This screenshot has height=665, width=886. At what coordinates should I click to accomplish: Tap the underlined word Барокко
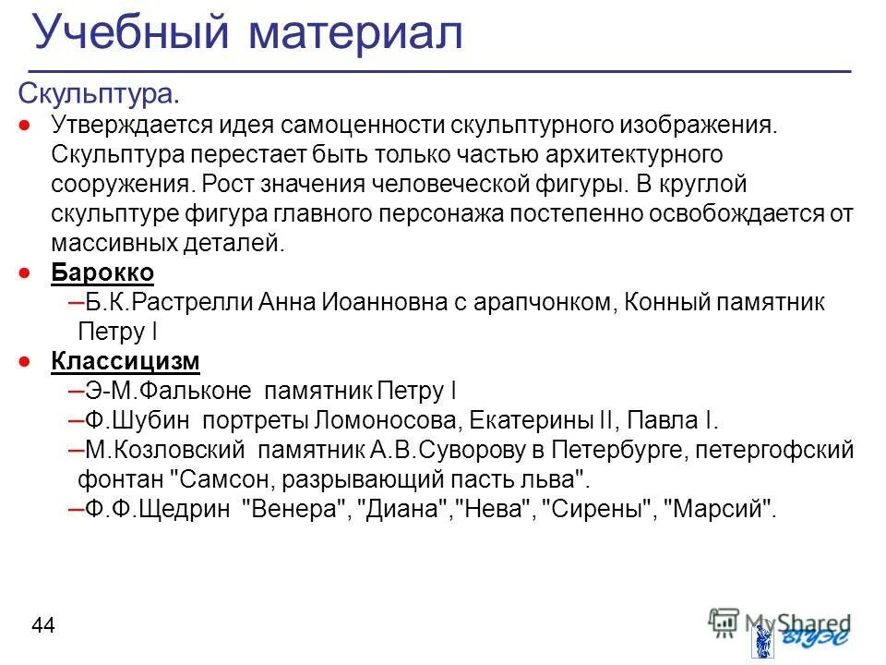click(x=102, y=273)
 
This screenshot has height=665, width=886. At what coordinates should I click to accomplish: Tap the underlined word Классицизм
click(x=126, y=360)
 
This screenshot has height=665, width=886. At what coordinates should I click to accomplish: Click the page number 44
click(x=43, y=626)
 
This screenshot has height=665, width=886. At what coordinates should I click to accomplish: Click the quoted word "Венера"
click(x=293, y=508)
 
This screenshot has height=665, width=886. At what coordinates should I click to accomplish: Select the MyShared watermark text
click(x=794, y=622)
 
